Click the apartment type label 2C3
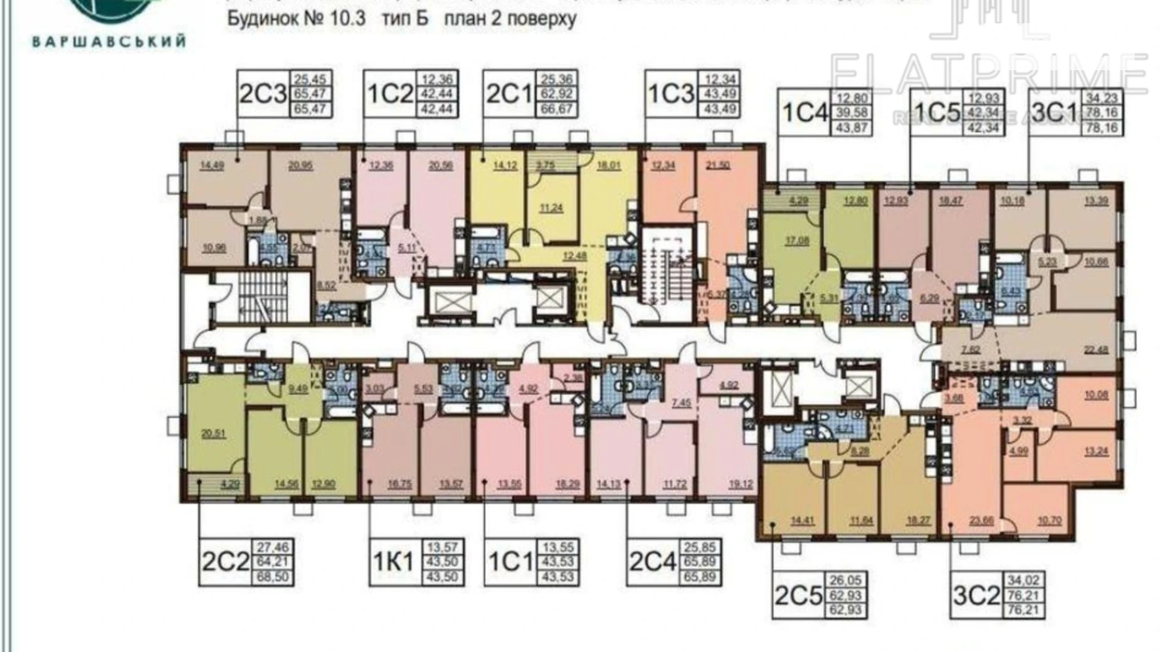click(x=262, y=94)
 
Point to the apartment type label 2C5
click(x=798, y=596)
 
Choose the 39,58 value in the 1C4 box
click(x=850, y=113)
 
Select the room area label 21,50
click(x=719, y=166)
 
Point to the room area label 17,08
click(x=796, y=240)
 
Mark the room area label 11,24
click(x=551, y=209)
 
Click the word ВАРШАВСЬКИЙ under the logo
click(x=108, y=42)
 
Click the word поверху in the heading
click(x=543, y=19)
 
